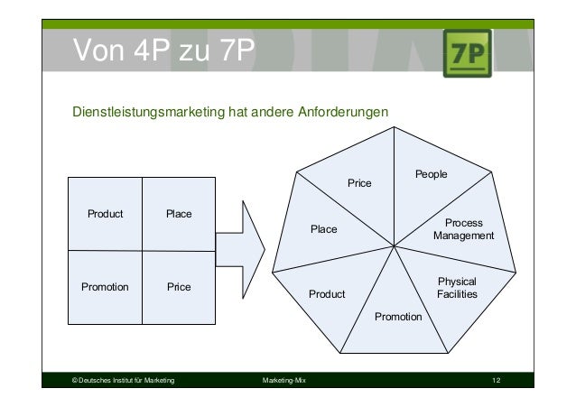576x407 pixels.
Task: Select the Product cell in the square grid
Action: point(105,214)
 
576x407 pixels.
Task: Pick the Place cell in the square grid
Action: point(179,214)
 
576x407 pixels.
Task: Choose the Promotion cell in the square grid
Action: point(105,287)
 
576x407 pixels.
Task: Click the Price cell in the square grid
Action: point(179,287)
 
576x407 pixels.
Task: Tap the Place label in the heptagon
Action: point(323,229)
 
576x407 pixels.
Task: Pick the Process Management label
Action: point(463,229)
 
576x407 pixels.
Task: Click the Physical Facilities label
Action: point(456,288)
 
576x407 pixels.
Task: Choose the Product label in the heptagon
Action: point(327,293)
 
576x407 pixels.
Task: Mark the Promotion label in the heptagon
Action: point(398,317)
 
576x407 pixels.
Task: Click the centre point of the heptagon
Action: point(395,244)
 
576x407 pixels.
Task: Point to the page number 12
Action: point(496,383)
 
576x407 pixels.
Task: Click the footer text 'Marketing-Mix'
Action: point(283,383)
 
